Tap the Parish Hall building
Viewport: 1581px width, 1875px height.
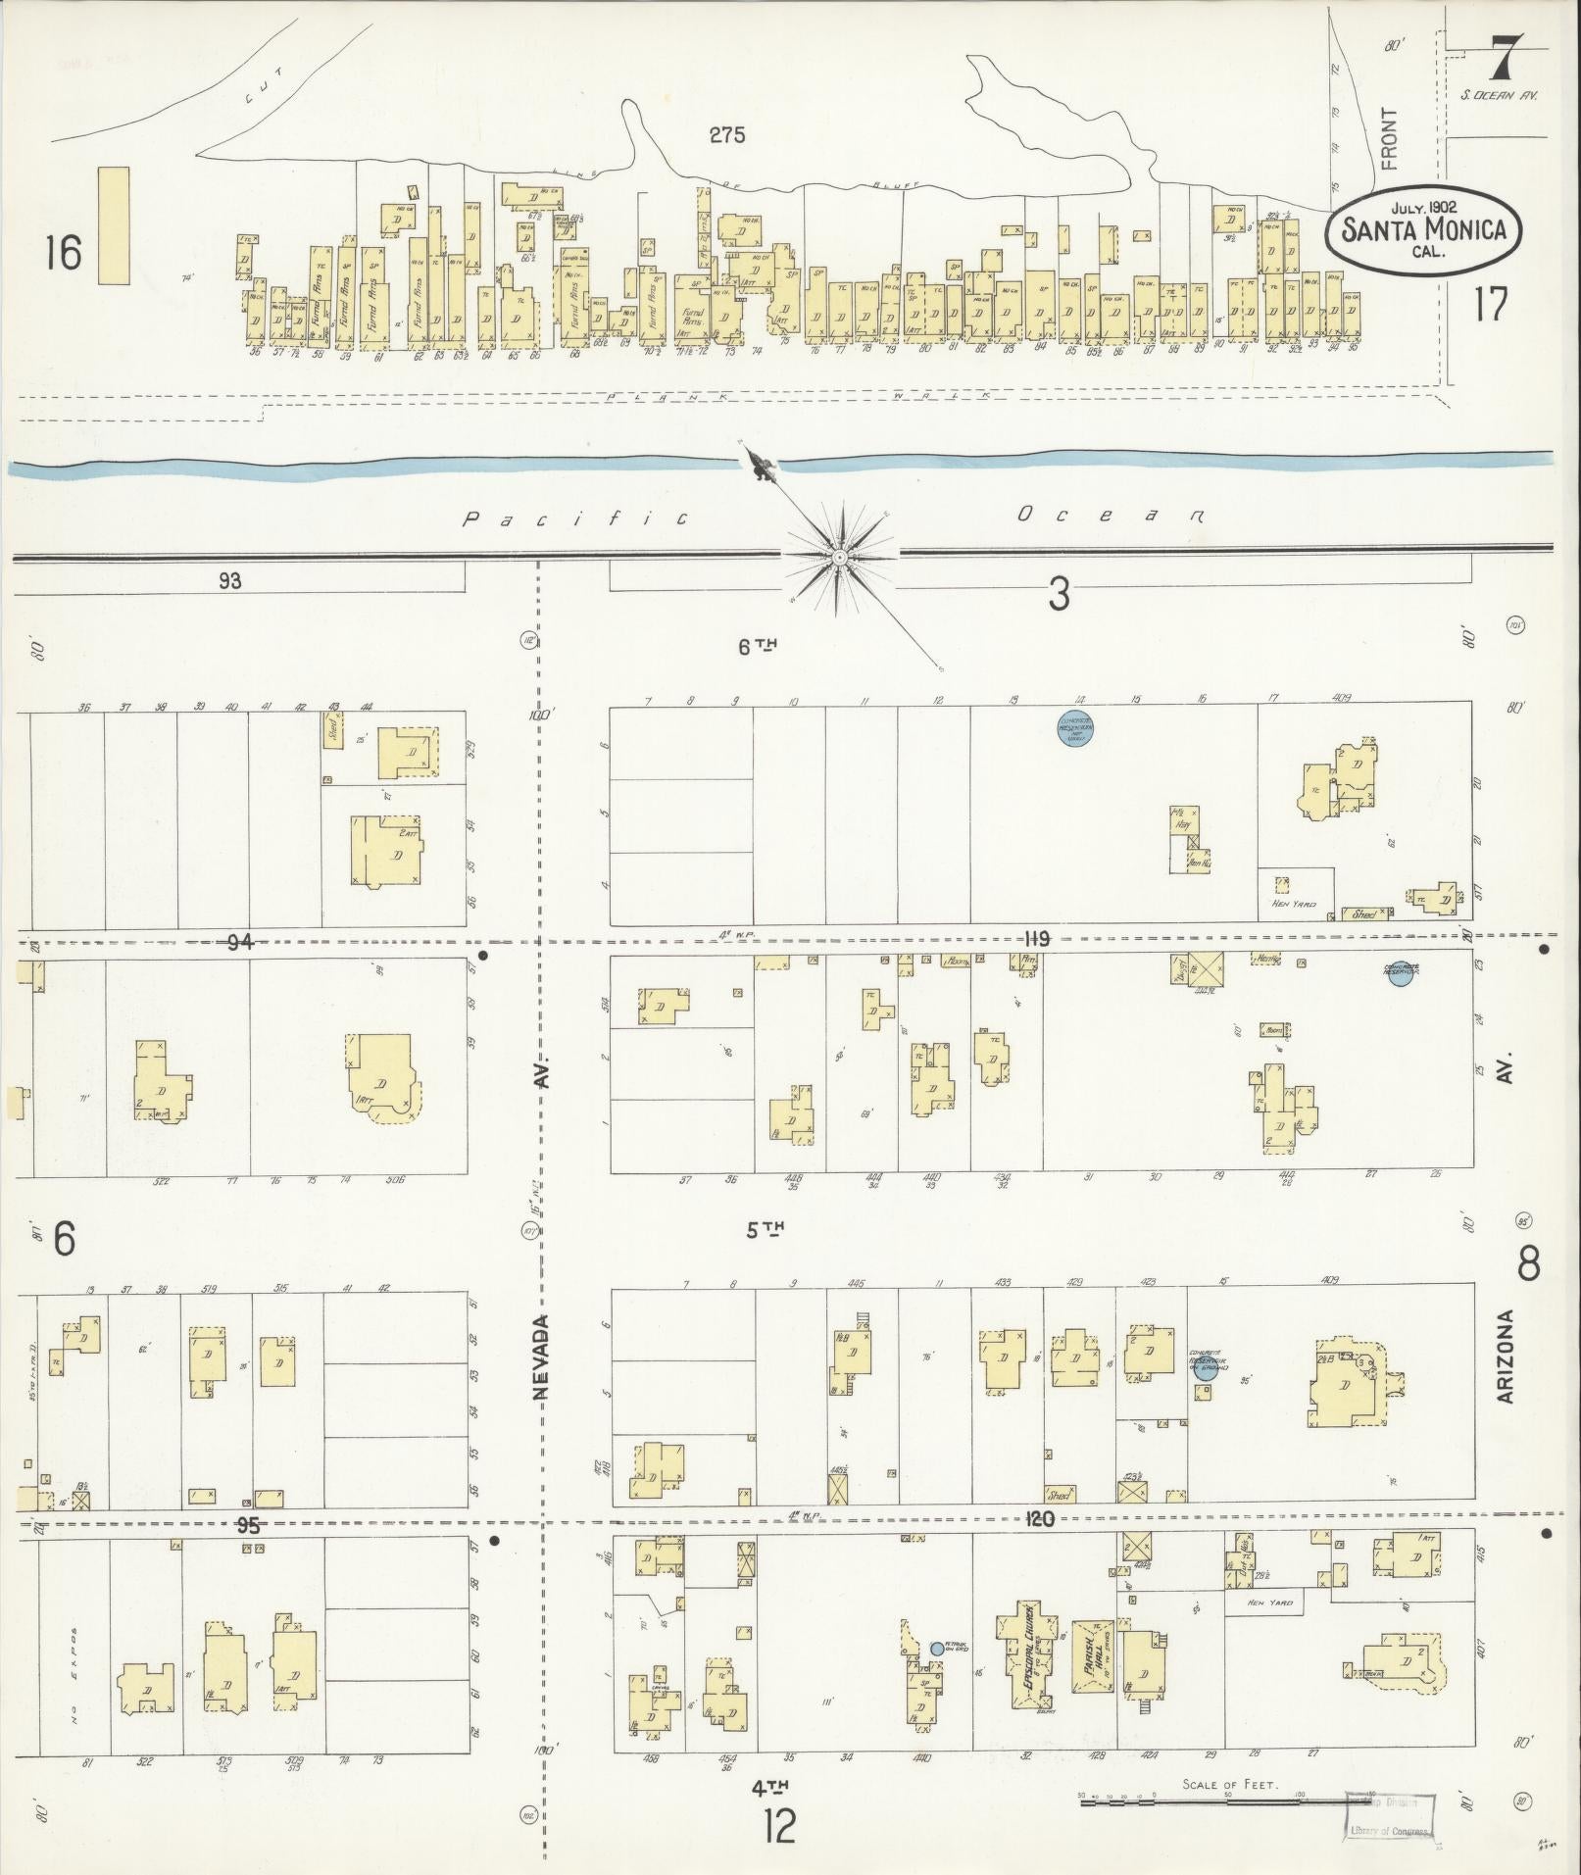pos(1091,1657)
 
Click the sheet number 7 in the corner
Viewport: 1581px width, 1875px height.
pos(1507,60)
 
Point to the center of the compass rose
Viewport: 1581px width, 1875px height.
pos(840,557)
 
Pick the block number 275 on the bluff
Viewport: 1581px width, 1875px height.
pos(727,135)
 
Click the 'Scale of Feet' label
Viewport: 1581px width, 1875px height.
pos(1229,1785)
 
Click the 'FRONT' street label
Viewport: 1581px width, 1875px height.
pos(1389,139)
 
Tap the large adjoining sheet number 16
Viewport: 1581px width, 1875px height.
pos(63,254)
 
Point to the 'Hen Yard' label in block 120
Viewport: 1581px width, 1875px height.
pos(1268,1603)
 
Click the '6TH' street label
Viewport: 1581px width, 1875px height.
pos(757,646)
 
